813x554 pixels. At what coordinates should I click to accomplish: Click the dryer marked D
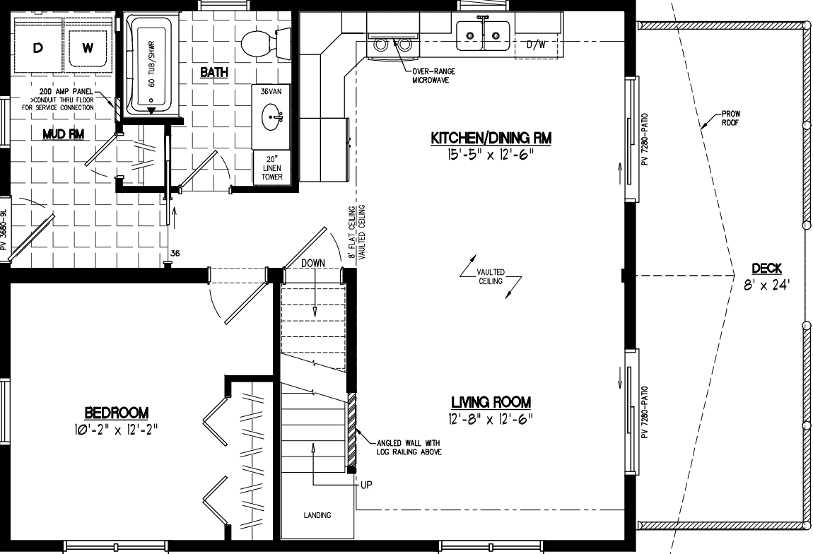pos(37,48)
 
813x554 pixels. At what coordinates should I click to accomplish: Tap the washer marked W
pos(87,48)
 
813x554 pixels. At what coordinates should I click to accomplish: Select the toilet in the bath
pos(259,43)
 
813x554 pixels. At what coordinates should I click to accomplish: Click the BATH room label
pos(214,72)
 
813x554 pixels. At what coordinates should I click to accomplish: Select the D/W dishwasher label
pos(537,45)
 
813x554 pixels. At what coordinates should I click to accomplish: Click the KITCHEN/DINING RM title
pos(491,139)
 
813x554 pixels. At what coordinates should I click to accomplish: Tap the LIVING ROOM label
pos(491,402)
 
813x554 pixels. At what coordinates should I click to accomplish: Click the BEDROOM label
pos(117,412)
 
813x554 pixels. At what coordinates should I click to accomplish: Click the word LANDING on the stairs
pos(316,515)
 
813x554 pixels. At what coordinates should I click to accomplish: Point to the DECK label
pos(766,269)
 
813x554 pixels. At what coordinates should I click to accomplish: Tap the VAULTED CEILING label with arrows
pos(489,276)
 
